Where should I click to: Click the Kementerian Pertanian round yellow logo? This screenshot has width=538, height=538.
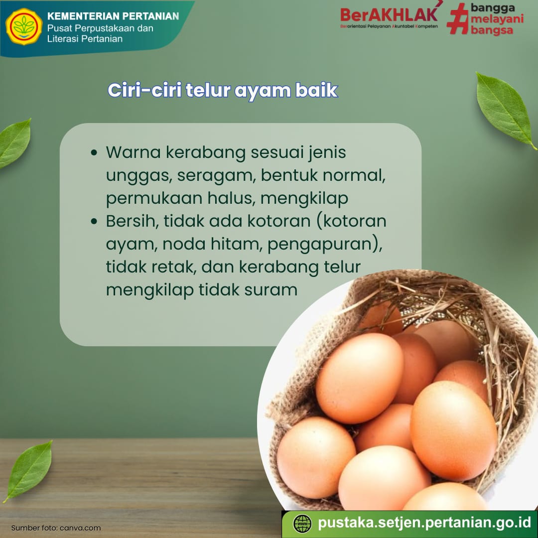point(24,27)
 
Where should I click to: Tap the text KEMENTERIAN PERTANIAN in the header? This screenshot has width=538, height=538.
point(113,16)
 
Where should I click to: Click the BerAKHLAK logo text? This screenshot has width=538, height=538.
point(389,15)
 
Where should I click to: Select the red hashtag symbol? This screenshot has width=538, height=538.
point(458,19)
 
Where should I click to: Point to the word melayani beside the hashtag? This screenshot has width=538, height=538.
point(497,18)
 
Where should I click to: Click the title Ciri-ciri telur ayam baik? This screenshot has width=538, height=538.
point(223,90)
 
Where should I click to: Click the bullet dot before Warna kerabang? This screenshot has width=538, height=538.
point(94,153)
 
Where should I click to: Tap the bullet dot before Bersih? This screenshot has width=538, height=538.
point(94,221)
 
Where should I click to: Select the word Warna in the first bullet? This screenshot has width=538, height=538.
point(133,152)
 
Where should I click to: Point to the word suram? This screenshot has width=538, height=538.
point(270,290)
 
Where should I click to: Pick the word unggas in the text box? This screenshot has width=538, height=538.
point(139,176)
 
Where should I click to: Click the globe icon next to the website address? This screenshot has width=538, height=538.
point(302,524)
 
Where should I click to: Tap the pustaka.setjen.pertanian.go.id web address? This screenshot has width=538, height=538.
point(424,523)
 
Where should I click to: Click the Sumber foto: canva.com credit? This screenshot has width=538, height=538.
point(56,528)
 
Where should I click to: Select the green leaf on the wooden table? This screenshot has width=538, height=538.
point(29,471)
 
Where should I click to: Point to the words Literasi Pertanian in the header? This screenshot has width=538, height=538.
point(85,39)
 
